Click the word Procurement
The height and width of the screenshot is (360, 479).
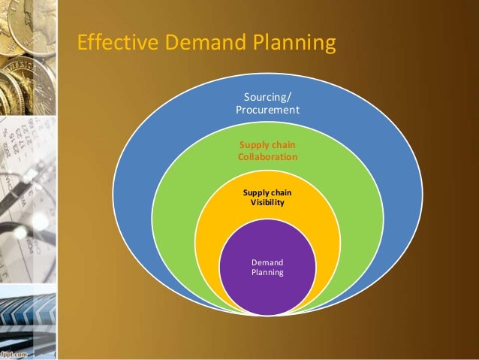click(x=267, y=110)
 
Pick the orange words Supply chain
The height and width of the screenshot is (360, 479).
click(x=267, y=145)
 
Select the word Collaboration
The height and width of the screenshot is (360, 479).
click(x=267, y=157)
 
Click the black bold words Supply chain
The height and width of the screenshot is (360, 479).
click(x=267, y=192)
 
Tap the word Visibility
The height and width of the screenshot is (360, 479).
click(x=267, y=203)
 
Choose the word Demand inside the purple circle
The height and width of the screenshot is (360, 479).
click(x=267, y=262)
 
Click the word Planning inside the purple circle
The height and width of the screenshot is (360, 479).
click(x=267, y=273)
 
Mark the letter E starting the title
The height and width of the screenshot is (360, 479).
click(x=83, y=44)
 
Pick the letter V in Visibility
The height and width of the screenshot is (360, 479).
click(x=253, y=203)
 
